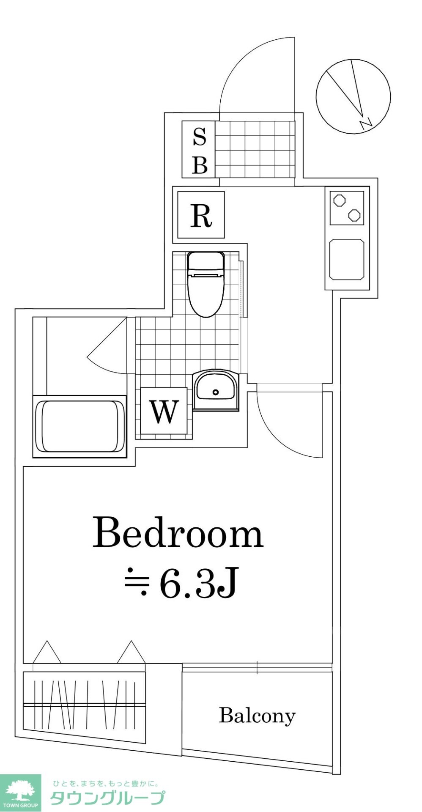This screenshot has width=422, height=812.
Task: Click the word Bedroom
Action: [x=178, y=532]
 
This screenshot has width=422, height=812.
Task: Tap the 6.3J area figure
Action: [x=198, y=583]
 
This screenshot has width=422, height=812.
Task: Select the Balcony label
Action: [x=257, y=716]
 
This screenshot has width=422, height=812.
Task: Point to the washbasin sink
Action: [x=215, y=390]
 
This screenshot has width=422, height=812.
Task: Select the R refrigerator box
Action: [x=201, y=214]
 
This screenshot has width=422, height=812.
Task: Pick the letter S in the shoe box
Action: [x=200, y=137]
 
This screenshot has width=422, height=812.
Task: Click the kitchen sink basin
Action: [x=347, y=260]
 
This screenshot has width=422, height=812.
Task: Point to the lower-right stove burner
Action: [x=354, y=215]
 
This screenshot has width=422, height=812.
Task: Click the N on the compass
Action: [x=365, y=123]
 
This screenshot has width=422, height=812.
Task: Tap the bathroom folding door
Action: [x=106, y=347]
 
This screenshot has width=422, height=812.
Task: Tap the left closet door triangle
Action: [x=47, y=653]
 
